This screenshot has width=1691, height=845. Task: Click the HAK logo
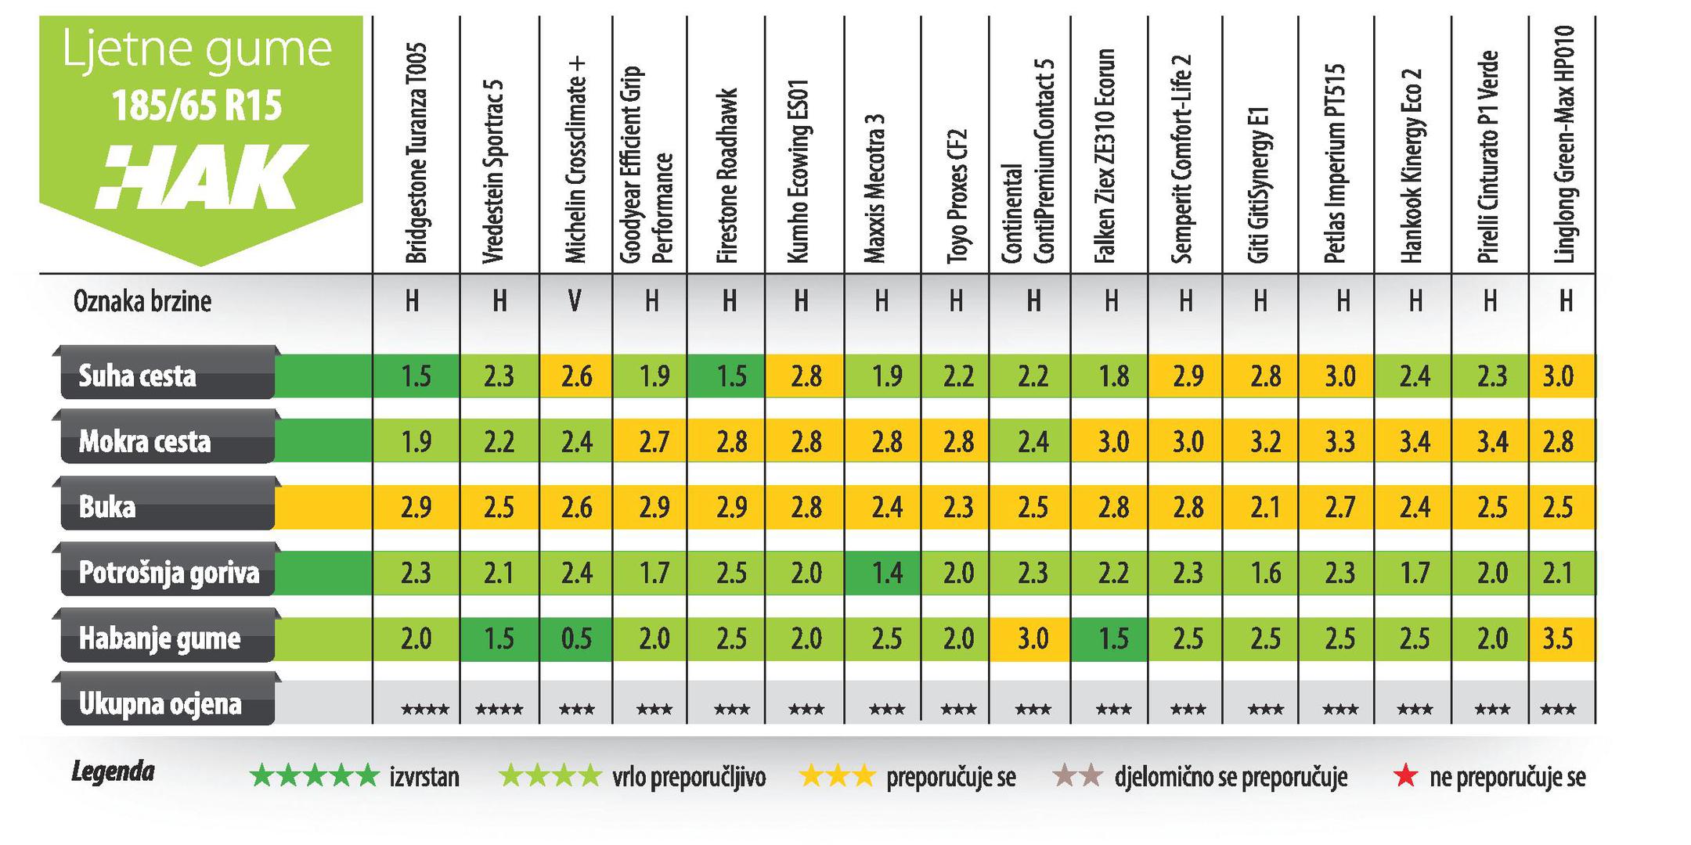(202, 175)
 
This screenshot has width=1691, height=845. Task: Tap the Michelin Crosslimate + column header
(575, 160)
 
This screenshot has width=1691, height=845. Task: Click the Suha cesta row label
(138, 376)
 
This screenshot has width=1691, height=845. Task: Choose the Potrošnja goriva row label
(168, 574)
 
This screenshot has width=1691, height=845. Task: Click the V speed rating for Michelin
(575, 301)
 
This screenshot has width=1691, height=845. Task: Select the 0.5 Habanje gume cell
(575, 639)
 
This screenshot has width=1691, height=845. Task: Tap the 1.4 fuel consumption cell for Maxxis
(886, 574)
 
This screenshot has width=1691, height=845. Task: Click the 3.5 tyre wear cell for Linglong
(1558, 639)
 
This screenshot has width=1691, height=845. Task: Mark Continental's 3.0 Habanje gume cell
(1033, 639)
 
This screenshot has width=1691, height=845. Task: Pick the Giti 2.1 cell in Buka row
(1265, 508)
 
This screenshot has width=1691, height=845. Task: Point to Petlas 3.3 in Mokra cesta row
(1339, 442)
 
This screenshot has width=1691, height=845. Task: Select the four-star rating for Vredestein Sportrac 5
(499, 710)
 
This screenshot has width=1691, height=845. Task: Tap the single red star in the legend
(1406, 777)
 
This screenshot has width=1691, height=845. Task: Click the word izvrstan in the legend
(424, 778)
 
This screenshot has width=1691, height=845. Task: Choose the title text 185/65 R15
(197, 105)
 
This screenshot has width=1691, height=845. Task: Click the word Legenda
(113, 773)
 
